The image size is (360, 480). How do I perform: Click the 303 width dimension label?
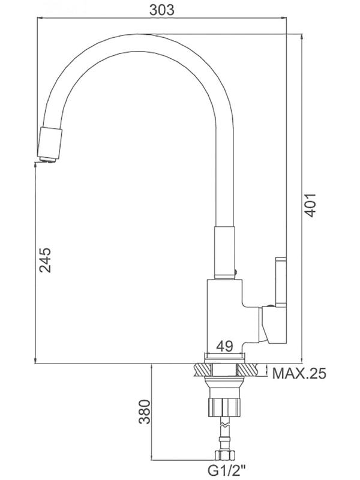click(161, 10)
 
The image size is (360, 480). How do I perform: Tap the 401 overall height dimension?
click(310, 205)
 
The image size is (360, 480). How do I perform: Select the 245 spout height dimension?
click(46, 260)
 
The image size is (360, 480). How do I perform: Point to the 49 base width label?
click(224, 346)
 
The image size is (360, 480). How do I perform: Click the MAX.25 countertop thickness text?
click(299, 373)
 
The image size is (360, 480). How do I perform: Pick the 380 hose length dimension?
click(145, 412)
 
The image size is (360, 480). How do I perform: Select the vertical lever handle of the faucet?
click(281, 282)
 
